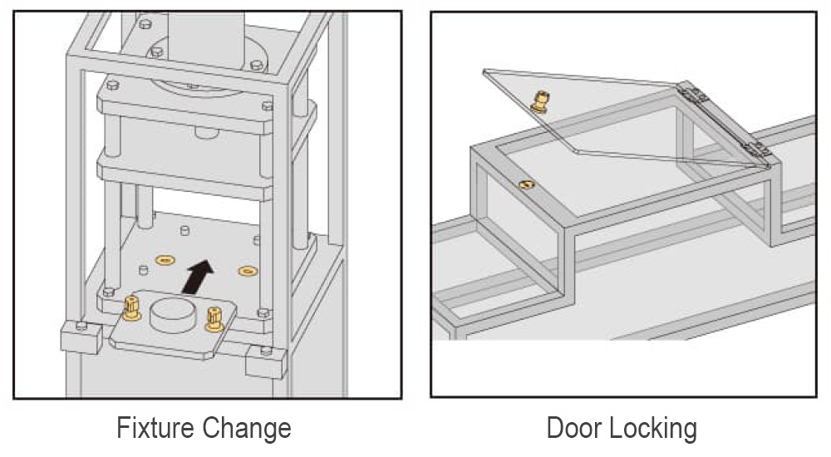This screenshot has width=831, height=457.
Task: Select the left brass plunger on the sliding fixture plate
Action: click(131, 308)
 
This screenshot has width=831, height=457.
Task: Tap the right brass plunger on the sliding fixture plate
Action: click(214, 319)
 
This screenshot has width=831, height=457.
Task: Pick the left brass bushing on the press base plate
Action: click(165, 260)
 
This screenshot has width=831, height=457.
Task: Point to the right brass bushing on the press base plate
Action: click(248, 271)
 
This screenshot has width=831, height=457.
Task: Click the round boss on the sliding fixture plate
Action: click(172, 315)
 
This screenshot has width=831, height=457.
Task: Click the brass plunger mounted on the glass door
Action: click(541, 101)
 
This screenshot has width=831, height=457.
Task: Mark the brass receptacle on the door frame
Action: click(526, 185)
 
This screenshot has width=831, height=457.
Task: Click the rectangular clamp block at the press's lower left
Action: click(81, 336)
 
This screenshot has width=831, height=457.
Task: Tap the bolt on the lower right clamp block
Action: click(266, 351)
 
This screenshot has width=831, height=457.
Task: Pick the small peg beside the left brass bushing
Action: click(143, 270)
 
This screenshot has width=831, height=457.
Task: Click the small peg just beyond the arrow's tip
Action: click(185, 231)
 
